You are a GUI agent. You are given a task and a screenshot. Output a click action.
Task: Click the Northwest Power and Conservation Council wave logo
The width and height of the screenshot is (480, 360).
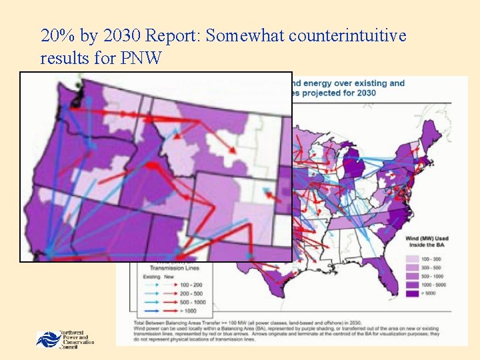(48, 339)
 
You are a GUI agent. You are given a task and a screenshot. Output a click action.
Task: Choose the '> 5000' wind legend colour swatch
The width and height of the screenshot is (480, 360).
(411, 293)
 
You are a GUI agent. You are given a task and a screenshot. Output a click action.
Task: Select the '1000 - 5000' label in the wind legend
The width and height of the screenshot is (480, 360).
(433, 283)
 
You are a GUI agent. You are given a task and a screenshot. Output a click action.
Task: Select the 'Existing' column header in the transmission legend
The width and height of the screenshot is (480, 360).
(145, 276)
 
